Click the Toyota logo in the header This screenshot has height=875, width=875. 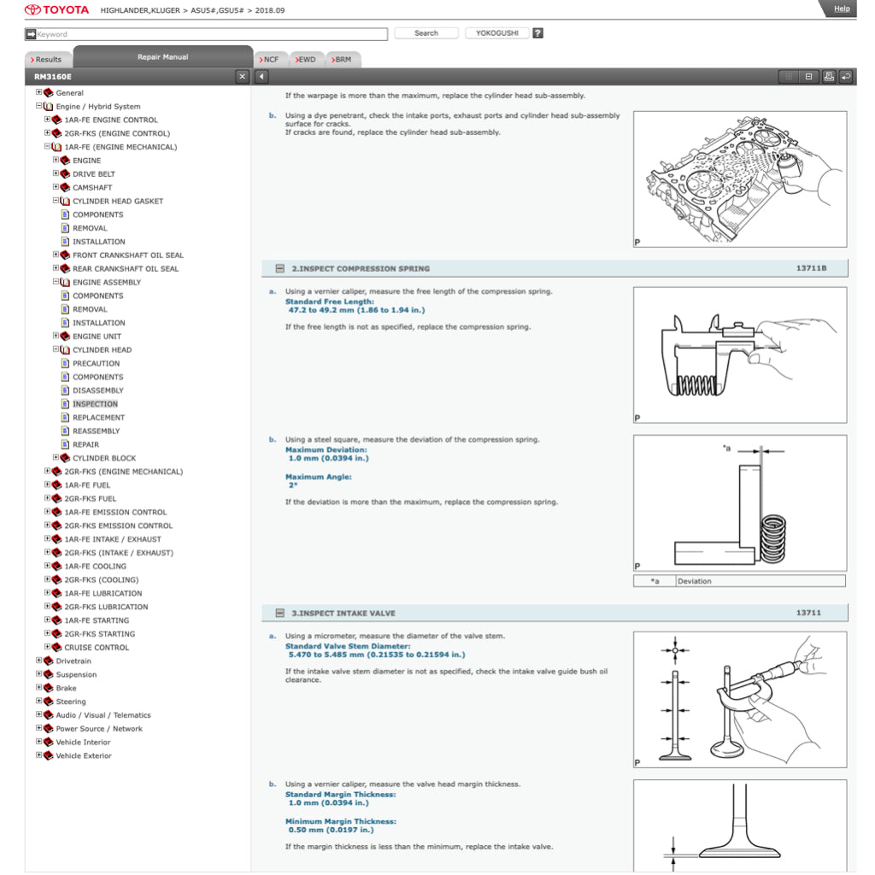tap(56, 10)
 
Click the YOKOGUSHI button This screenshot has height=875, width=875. tap(496, 33)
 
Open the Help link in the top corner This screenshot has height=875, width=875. tap(841, 9)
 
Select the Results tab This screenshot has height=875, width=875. tap(48, 60)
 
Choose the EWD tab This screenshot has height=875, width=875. tap(305, 60)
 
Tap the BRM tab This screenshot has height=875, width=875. tap(341, 60)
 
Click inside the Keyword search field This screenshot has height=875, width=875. tap(209, 34)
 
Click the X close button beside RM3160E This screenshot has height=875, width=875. tap(242, 77)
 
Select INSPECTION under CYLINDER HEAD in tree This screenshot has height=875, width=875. tap(95, 404)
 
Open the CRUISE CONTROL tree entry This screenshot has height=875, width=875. tap(97, 648)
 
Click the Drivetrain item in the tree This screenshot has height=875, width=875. tap(73, 661)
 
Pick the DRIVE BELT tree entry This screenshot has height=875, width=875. tap(93, 174)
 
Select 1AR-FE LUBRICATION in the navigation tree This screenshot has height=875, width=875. tap(103, 593)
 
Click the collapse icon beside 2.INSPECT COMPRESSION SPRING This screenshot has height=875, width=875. tap(279, 268)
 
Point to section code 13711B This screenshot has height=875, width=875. tap(811, 268)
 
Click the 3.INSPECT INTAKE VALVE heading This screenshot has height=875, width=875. tap(343, 613)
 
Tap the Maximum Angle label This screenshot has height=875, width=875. tap(318, 477)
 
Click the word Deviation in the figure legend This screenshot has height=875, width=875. tap(694, 581)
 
